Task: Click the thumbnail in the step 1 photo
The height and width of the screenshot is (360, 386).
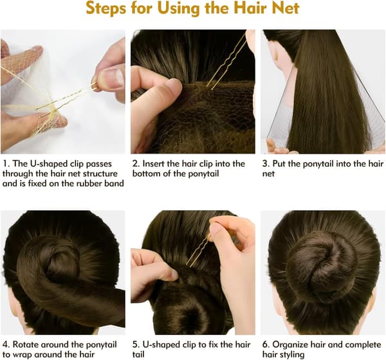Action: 113,78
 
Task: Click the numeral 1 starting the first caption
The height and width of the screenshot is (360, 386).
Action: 5,164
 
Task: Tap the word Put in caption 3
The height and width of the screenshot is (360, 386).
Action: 279,164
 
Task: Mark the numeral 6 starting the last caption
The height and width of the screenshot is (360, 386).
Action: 265,345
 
